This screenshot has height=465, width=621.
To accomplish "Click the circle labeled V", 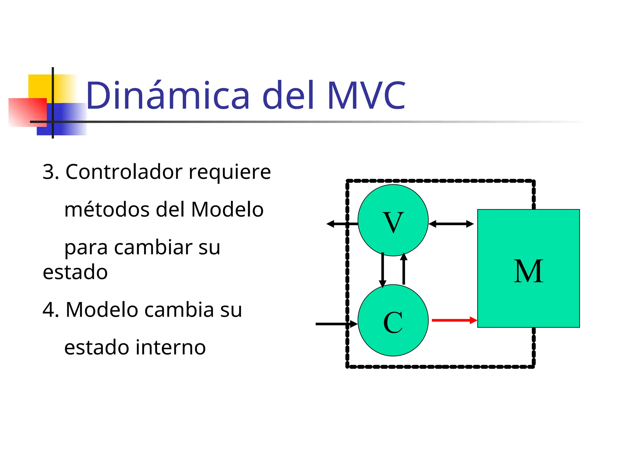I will (x=393, y=220).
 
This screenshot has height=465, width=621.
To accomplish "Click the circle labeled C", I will (x=393, y=320).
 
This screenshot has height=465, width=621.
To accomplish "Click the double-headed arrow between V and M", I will (x=451, y=224).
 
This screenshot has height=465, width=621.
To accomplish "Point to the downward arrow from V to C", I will (x=383, y=269).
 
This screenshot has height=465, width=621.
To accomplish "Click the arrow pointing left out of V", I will (x=337, y=224).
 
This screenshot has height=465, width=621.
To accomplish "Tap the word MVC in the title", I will (x=366, y=95).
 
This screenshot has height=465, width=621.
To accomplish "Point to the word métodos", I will (x=107, y=209).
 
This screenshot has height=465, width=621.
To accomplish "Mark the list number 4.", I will (x=50, y=310).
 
